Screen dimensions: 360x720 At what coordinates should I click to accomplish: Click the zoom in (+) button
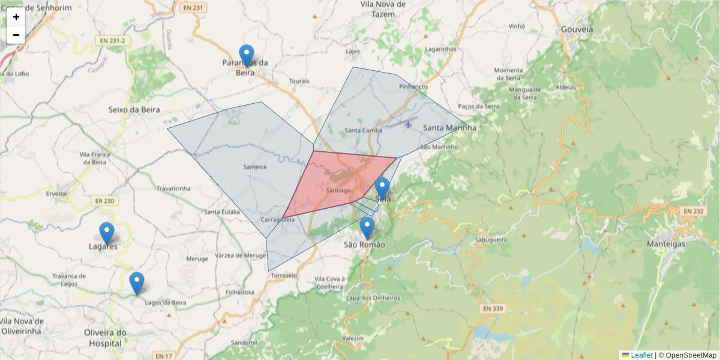pyautogui.click(x=16, y=17)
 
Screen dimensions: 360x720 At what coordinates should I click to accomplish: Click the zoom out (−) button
pyautogui.click(x=16, y=35)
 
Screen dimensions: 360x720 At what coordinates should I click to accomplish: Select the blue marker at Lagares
pyautogui.click(x=106, y=233)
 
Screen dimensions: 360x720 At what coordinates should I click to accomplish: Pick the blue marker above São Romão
pyautogui.click(x=367, y=227)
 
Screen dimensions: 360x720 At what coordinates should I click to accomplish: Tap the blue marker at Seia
pyautogui.click(x=382, y=188)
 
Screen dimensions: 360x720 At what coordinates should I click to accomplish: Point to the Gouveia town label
pyautogui.click(x=577, y=29)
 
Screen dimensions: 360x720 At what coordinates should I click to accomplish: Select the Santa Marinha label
pyautogui.click(x=449, y=128)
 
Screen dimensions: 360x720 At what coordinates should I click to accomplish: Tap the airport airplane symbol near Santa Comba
pyautogui.click(x=409, y=125)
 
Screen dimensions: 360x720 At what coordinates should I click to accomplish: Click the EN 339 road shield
pyautogui.click(x=491, y=309)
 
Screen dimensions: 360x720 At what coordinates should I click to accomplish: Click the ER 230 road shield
pyautogui.click(x=104, y=201)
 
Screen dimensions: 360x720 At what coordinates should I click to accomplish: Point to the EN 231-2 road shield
pyautogui.click(x=113, y=41)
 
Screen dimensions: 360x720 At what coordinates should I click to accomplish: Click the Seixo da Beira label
pyautogui.click(x=135, y=110)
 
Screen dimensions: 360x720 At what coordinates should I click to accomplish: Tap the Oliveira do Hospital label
pyautogui.click(x=104, y=338)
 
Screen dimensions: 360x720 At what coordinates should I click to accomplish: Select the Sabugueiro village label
pyautogui.click(x=491, y=239)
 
